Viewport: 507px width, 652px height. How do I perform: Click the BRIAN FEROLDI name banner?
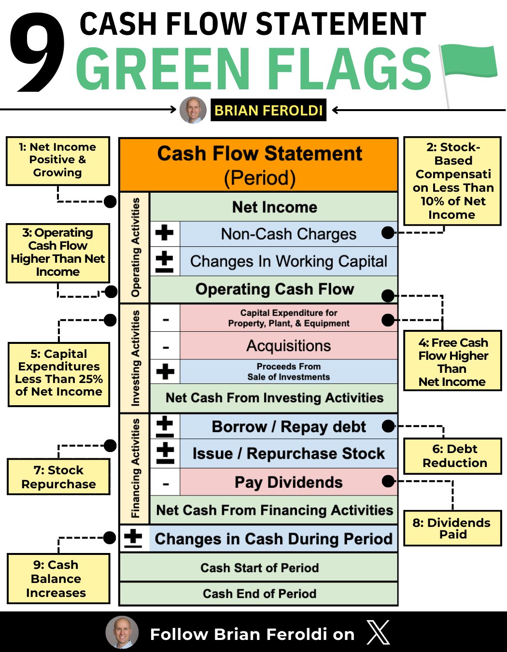tap(268, 110)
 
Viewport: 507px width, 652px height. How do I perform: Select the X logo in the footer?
tap(378, 633)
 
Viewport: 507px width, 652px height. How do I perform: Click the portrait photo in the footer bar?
tap(122, 632)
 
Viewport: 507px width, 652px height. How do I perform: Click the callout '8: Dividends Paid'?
tap(452, 528)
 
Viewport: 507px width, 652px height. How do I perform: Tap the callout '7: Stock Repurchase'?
tap(58, 477)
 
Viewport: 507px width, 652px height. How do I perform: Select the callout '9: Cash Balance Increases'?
tap(58, 579)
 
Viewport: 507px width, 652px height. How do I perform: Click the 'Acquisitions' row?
tap(288, 346)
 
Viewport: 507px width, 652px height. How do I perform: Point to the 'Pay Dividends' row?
tap(288, 482)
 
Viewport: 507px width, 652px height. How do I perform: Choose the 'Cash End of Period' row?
tap(259, 594)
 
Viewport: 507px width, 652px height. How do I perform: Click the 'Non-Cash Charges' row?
tap(288, 234)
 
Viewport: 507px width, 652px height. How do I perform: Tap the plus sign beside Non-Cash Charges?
tap(165, 233)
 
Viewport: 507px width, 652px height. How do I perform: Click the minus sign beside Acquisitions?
tap(166, 347)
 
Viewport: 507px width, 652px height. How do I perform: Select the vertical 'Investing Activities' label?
tap(136, 358)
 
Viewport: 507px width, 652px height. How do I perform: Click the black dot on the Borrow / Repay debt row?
tap(388, 426)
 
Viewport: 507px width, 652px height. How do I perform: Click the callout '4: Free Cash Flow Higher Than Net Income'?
tap(452, 362)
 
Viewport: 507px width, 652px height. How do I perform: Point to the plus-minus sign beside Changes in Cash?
tap(133, 538)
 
